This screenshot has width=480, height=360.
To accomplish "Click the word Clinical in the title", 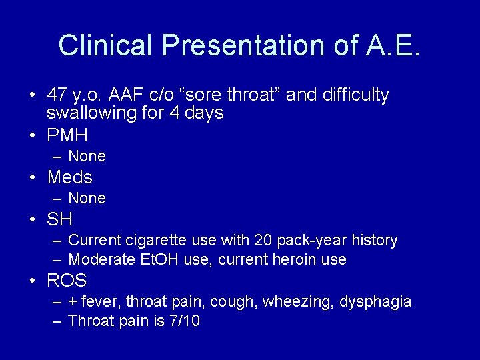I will click(107, 45).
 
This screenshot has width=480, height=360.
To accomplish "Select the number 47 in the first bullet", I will click(57, 95).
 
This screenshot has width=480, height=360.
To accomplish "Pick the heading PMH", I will click(67, 135).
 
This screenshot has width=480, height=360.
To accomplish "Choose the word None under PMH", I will click(87, 157).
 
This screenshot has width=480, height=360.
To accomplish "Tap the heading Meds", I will click(69, 177).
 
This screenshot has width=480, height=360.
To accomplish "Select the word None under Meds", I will click(87, 199).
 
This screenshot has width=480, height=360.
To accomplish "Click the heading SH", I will click(59, 219).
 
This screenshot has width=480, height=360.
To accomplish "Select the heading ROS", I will click(67, 281).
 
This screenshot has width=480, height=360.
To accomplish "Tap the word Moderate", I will click(99, 260).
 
